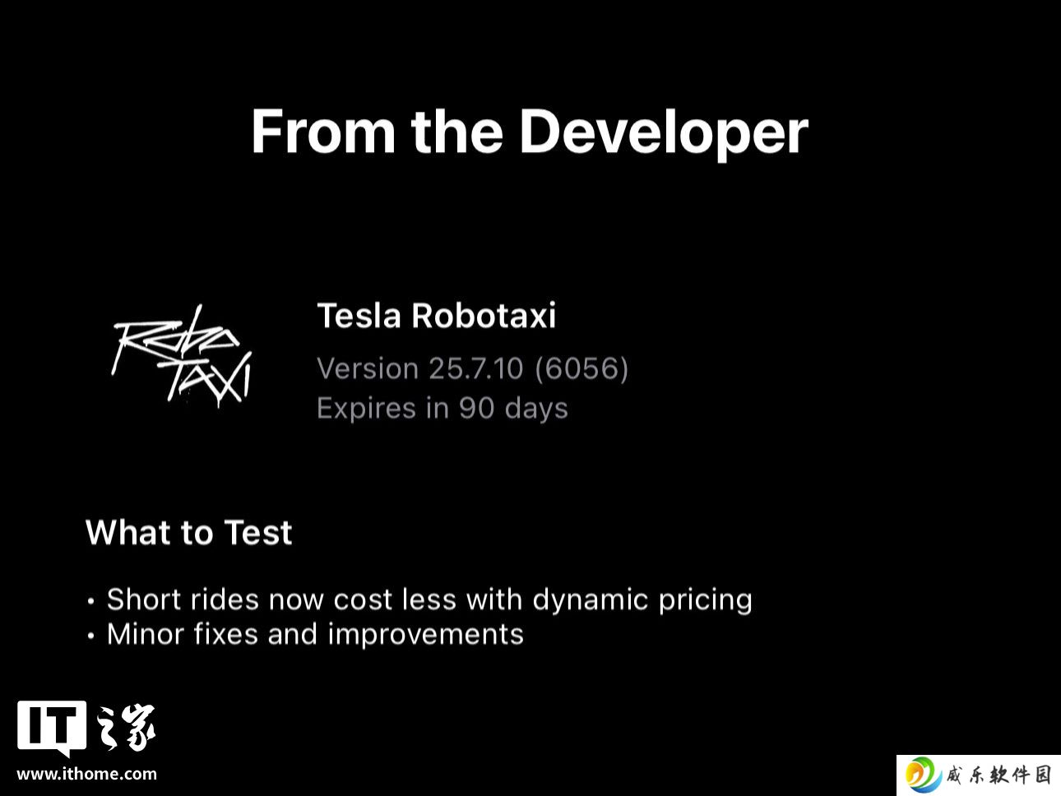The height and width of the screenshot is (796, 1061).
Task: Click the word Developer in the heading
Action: [x=663, y=133]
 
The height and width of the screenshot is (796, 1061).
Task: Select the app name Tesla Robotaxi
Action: [x=436, y=316]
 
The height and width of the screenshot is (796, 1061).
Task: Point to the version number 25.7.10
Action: [x=475, y=368]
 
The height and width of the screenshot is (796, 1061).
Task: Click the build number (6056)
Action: [x=581, y=368]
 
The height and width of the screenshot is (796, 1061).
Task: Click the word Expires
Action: [x=366, y=409]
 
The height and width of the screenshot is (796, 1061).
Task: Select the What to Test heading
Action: [x=188, y=532]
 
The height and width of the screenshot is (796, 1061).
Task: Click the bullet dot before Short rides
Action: [x=90, y=602]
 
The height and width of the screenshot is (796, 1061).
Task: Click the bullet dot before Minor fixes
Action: [x=90, y=636]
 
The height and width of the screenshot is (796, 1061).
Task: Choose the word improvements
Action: [x=425, y=635]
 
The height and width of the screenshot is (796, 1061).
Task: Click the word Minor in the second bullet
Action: [x=145, y=634]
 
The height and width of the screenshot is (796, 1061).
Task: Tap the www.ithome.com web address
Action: [x=86, y=774]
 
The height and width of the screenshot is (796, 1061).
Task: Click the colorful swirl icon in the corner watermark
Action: [x=923, y=775]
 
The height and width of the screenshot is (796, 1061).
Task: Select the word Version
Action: [x=368, y=368]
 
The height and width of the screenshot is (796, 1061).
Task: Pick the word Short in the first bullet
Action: [x=144, y=599]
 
